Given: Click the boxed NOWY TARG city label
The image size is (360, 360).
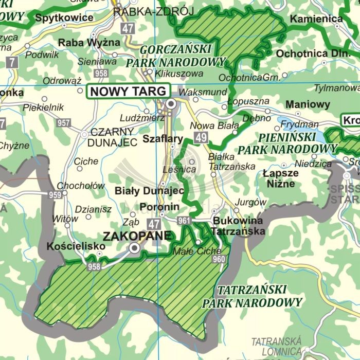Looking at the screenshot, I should tap(129, 91).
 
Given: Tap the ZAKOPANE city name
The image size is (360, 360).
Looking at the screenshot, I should tap(137, 236).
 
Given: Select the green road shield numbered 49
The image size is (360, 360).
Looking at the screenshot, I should tap(201, 137).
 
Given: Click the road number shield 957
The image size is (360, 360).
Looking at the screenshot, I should tap(64, 123).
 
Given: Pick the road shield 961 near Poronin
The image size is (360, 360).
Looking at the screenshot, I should tap(184, 221).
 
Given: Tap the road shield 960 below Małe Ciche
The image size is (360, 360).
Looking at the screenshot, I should tap(219, 259).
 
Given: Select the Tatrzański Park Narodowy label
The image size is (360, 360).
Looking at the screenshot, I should tap(252, 296).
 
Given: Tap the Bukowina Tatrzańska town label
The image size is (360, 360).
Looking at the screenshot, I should tap(238, 226).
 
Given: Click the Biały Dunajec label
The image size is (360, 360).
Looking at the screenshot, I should tap(149, 190).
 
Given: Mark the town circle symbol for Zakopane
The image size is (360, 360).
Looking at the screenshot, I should tap(135, 248).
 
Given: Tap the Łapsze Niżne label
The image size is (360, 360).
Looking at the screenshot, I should tap(279, 178).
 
